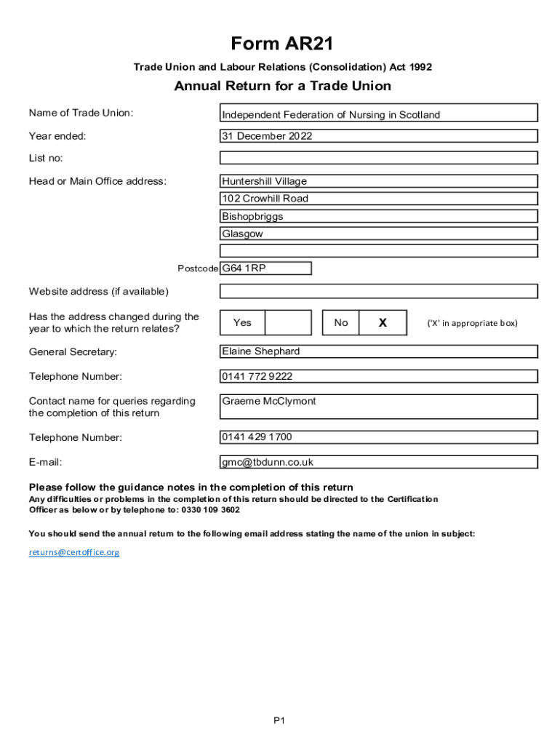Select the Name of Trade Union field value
378,114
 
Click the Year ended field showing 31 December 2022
378,136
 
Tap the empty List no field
378,158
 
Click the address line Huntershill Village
378,181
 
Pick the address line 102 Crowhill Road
378,199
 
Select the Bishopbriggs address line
378,216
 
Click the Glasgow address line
378,234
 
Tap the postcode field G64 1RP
265,268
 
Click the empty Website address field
378,292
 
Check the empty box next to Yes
287,322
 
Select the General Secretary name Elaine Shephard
378,351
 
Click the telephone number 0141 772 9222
378,376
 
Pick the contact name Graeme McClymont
378,407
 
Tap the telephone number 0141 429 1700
378,437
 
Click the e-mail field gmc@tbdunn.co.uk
378,462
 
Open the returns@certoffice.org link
74,552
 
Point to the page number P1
279,720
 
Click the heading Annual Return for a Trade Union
282,87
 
